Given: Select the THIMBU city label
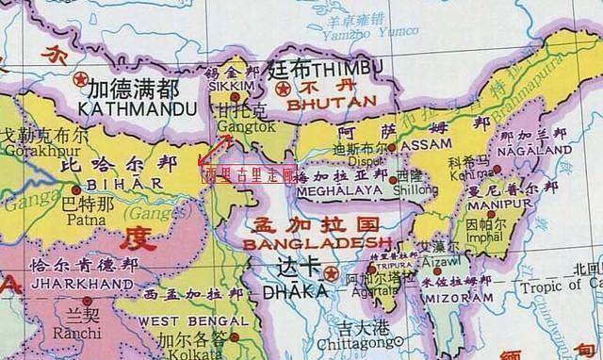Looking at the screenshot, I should [342, 71].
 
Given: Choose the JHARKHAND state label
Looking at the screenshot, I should [80, 283].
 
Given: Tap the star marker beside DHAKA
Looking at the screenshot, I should [330, 273].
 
